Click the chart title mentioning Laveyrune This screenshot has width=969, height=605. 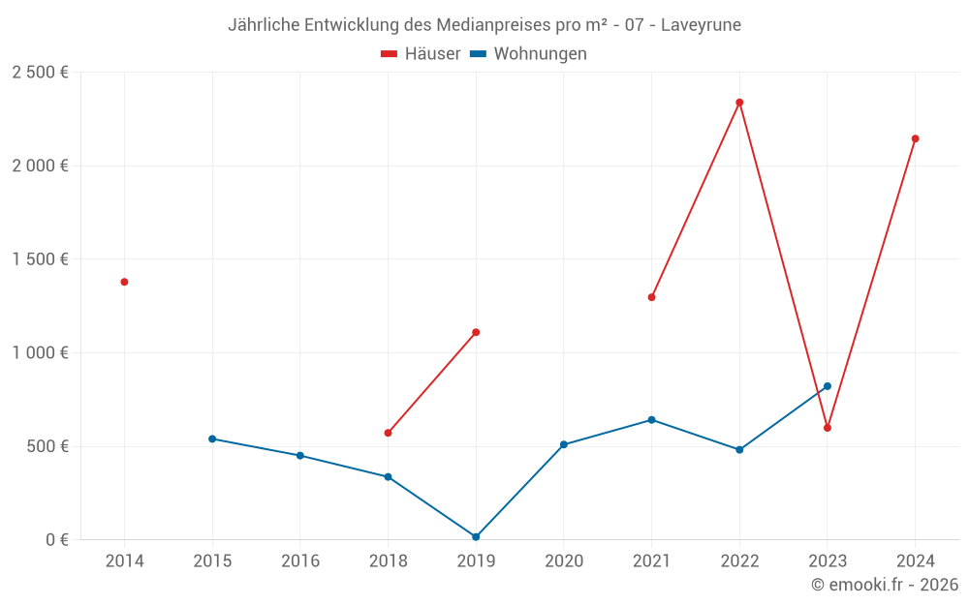[x=484, y=25]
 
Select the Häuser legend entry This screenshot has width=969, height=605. [x=421, y=54]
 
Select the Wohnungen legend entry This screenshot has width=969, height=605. [x=528, y=54]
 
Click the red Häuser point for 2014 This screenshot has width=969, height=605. [x=124, y=282]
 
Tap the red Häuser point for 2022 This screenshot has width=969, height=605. [x=739, y=103]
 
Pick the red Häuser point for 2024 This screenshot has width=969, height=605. [x=915, y=138]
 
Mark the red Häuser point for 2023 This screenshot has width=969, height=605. [x=828, y=428]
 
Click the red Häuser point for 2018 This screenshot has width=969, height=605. [x=388, y=433]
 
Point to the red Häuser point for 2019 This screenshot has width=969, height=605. [x=476, y=332]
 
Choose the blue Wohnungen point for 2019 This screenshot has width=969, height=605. [x=476, y=537]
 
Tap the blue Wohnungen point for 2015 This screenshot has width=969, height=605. [x=212, y=439]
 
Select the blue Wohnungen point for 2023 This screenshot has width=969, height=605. [x=828, y=386]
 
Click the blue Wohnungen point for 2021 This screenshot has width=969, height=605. [x=651, y=420]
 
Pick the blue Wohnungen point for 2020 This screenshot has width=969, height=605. [x=564, y=444]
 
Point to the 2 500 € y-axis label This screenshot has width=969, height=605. [x=40, y=73]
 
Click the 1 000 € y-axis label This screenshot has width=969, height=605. [x=40, y=353]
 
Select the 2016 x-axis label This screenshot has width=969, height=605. [x=299, y=561]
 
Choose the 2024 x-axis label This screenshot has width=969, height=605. [x=915, y=561]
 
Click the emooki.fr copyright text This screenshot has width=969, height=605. [x=884, y=585]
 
